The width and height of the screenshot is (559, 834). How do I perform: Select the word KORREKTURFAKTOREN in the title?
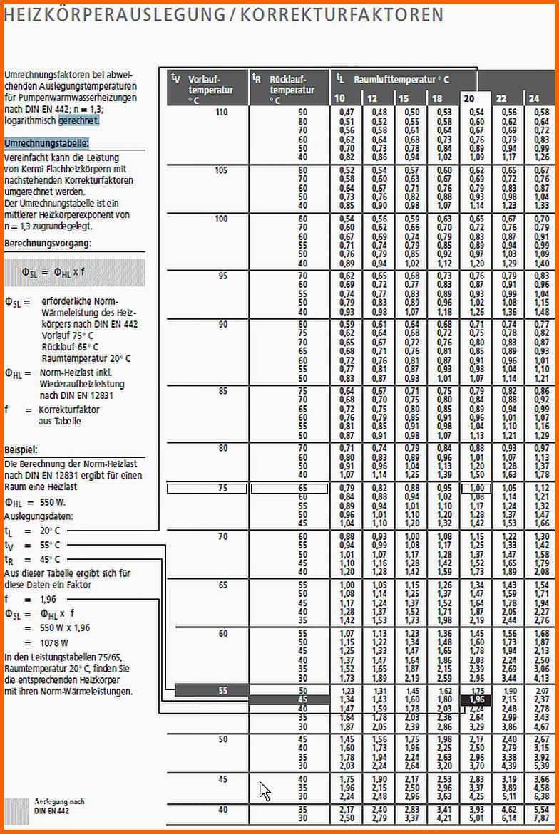pos(342,15)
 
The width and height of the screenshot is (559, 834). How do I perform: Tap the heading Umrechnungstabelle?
pos(47,143)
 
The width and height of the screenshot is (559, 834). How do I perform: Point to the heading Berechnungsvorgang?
pos(48,244)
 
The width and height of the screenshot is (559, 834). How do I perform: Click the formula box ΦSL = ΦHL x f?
pos(74,272)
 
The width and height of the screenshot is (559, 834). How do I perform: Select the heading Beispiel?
pos(21,450)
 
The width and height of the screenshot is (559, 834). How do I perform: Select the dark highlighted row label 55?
pos(222,690)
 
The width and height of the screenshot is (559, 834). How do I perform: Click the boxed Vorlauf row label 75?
pos(222,489)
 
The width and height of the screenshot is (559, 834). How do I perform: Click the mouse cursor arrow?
pos(265,791)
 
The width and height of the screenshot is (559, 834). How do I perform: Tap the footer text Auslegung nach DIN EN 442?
pos(58,806)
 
